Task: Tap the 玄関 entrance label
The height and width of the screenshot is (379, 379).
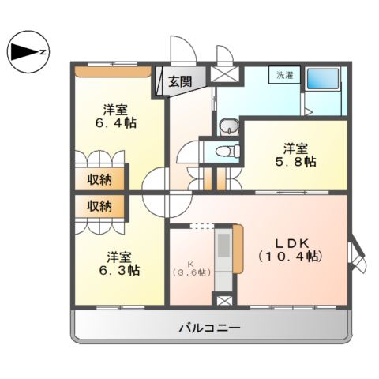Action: click(179, 81)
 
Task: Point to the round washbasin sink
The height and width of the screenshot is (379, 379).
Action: click(228, 127)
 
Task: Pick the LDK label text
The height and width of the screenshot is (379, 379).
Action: click(289, 242)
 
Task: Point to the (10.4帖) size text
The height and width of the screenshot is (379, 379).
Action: click(290, 257)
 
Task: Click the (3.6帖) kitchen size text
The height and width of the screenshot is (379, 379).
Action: click(191, 272)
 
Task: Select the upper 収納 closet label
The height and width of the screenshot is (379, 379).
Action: click(99, 179)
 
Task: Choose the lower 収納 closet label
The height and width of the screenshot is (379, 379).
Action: click(99, 206)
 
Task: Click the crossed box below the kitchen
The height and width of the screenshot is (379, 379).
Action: click(224, 302)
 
